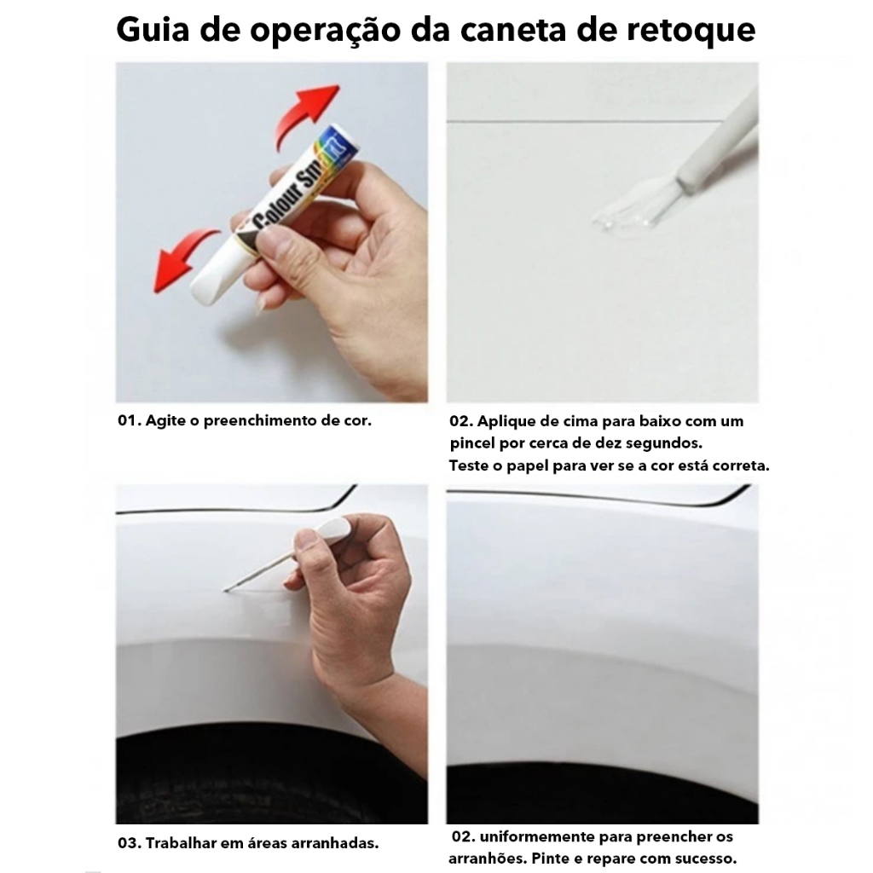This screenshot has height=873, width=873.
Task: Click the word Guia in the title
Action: pos(153,29)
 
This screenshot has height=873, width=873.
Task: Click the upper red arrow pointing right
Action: pos(305,114)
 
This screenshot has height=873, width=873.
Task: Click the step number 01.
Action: pos(128,420)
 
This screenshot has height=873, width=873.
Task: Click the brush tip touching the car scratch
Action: pos(227,589)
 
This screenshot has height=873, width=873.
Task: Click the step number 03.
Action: pos(129,843)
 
